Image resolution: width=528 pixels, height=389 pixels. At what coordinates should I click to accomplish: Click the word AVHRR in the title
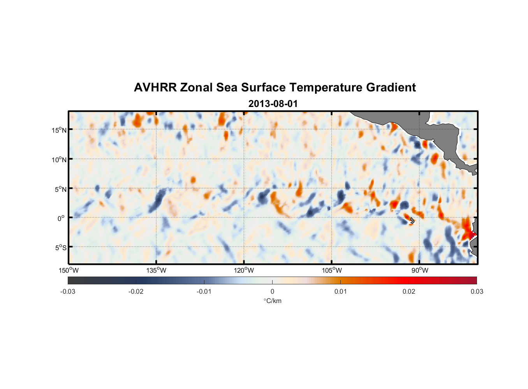coord(155,88)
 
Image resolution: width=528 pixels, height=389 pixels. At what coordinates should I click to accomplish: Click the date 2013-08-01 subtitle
coord(273,104)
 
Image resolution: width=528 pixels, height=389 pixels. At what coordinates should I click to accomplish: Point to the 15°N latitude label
coord(59,130)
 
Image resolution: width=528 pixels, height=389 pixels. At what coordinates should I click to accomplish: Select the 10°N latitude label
coord(59,159)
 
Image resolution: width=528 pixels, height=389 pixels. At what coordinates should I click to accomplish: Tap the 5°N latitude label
coord(60,189)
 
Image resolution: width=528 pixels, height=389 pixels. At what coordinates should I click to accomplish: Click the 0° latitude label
coord(61,218)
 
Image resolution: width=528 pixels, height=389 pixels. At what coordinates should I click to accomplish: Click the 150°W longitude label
coord(69,270)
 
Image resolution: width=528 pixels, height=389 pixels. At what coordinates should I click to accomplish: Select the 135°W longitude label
coord(156,270)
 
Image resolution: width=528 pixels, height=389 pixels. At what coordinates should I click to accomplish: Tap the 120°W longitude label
coord(244,270)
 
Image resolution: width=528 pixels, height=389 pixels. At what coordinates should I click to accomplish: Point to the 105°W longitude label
coord(332,270)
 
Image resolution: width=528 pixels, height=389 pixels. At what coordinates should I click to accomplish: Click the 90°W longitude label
coord(420,270)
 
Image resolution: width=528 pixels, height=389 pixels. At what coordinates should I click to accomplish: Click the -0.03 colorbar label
coord(68,291)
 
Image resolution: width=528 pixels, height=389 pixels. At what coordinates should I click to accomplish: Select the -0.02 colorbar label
coord(136,291)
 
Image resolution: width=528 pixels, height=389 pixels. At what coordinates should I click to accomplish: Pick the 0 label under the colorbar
coord(272,291)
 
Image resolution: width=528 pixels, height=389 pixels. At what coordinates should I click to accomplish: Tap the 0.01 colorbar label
coord(340,291)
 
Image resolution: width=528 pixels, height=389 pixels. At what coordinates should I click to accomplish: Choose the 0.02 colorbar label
coord(409,291)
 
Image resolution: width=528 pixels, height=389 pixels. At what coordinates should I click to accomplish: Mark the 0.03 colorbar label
coord(477,291)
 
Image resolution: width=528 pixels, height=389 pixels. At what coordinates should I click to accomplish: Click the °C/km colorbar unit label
coord(272,301)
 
